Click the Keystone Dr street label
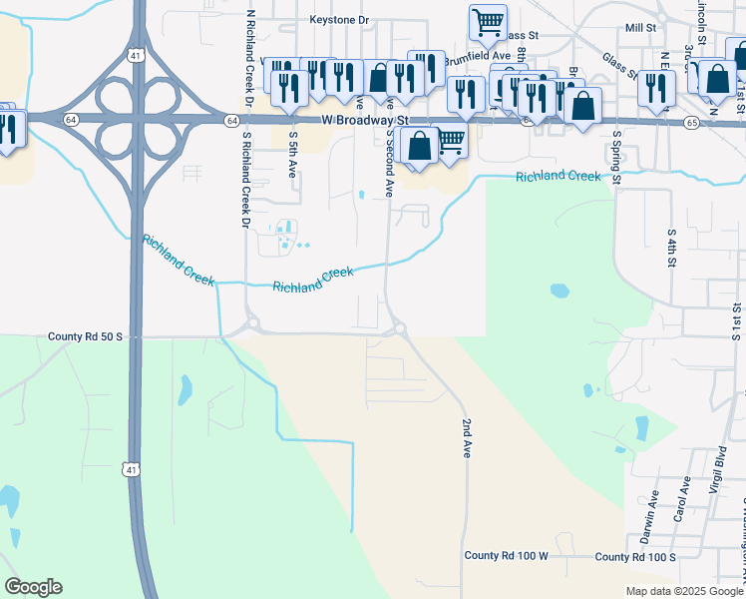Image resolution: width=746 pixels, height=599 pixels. (x=339, y=19)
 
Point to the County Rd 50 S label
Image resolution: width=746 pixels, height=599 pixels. (x=85, y=337)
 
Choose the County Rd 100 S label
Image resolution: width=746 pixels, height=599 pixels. (x=634, y=556)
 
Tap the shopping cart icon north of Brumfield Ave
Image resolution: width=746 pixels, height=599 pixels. (x=488, y=20)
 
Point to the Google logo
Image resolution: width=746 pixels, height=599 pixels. (x=33, y=587)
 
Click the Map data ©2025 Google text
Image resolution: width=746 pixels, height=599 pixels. (x=683, y=591)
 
